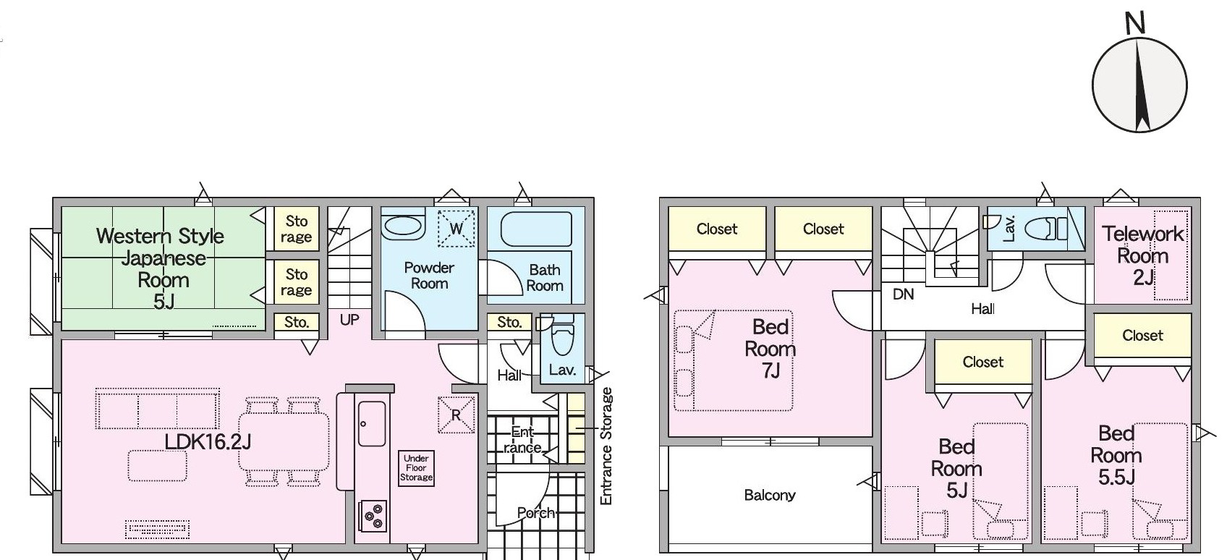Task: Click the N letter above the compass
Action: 1136,24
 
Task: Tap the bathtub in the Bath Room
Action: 536,229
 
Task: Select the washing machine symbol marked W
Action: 456,228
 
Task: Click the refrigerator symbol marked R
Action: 456,415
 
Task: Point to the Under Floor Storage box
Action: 416,467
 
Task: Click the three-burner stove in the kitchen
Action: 373,516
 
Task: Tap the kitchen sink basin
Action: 371,423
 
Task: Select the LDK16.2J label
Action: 208,441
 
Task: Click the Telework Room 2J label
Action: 1143,256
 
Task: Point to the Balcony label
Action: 770,496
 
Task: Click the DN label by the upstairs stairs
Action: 904,294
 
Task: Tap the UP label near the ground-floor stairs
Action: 349,320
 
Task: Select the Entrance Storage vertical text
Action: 606,446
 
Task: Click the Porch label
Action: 536,513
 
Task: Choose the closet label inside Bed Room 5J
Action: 982,362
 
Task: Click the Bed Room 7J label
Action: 770,349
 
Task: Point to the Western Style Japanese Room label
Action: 161,268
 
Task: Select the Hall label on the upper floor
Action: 982,309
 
